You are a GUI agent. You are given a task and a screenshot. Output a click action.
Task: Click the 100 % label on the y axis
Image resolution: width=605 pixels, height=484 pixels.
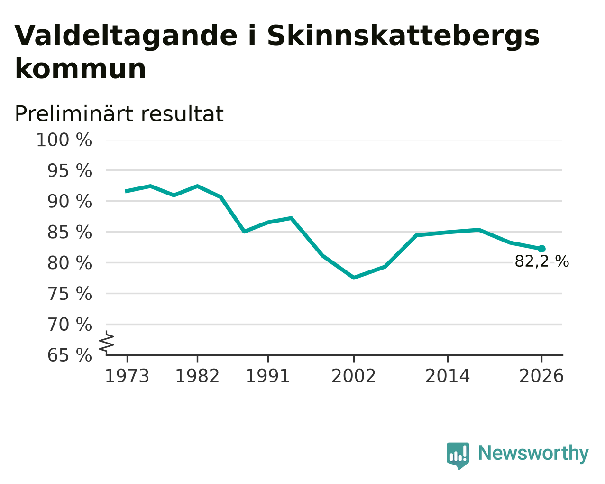coord(64,140)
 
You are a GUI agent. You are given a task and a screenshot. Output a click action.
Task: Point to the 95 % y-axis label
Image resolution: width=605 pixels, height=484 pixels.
coord(69,171)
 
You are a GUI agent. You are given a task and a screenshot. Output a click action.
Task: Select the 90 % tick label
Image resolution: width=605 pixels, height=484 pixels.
coord(69,202)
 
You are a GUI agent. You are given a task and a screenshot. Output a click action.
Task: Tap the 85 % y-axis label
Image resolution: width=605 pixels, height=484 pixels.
coord(69,233)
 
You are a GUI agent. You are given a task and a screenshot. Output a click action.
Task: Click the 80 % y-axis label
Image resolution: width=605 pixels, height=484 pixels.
coord(69,263)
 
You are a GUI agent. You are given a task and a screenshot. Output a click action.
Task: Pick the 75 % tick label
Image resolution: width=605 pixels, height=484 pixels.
coord(69,294)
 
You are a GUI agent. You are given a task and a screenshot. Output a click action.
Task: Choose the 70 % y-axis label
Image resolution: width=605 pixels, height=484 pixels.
coord(69,325)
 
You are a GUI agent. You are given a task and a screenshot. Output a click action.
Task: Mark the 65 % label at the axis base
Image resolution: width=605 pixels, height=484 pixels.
coord(69,355)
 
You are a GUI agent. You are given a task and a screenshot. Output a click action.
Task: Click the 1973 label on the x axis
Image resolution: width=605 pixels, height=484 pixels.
coord(127,376)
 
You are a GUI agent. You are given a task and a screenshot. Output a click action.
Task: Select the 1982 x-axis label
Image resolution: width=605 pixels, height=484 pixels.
coord(197,376)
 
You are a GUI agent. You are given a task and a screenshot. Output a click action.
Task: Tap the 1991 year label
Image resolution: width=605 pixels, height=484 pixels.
coord(268,376)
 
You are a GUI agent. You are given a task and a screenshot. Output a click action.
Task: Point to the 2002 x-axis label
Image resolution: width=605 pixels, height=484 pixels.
coord(354,376)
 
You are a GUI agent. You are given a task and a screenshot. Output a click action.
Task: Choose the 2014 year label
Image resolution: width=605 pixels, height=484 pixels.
coord(448,376)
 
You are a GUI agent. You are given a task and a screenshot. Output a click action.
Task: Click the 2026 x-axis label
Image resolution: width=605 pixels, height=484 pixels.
coord(541,376)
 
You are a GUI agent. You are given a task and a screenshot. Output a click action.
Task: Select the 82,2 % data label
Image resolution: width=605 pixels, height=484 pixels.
coord(542,261)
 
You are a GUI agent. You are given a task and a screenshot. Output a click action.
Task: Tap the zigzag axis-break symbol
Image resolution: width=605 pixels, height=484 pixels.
coord(107,342)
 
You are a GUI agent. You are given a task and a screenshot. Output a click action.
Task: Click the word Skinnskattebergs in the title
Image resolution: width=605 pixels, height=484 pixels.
coord(403,36)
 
